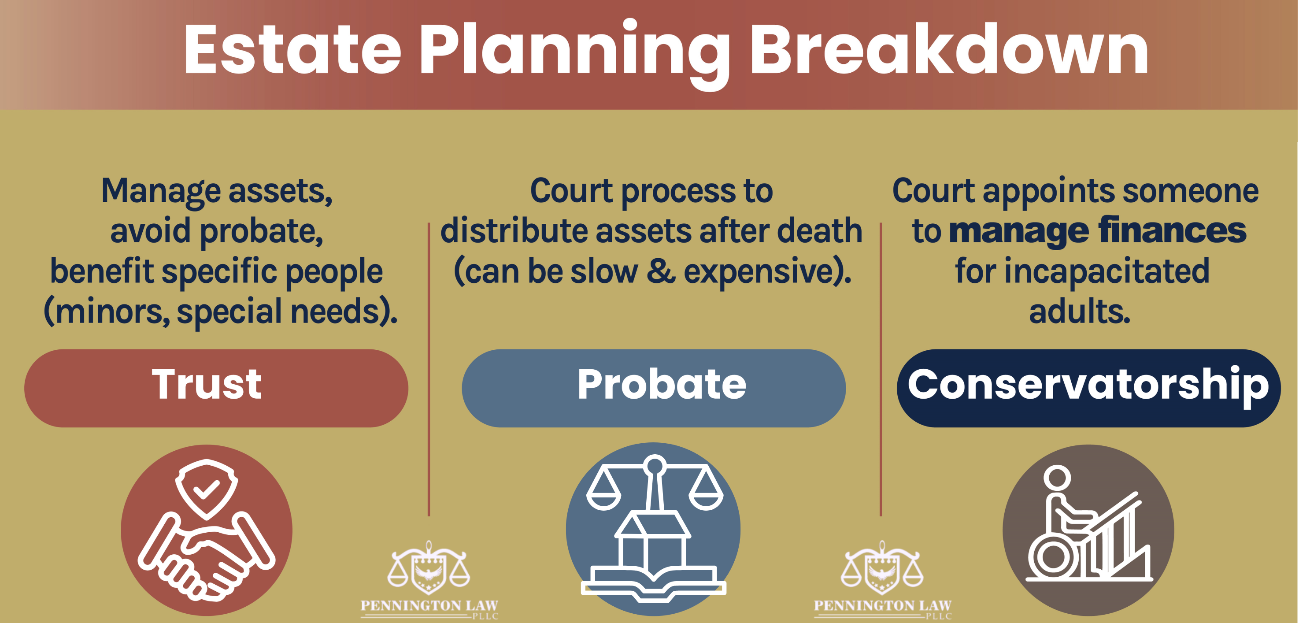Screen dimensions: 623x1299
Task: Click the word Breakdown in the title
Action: click(x=949, y=50)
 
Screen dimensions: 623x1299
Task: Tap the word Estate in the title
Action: click(x=292, y=50)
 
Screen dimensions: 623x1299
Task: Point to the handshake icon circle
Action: click(x=206, y=530)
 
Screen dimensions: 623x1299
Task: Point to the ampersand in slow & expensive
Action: click(x=661, y=271)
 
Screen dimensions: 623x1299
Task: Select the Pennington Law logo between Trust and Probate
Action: click(x=429, y=580)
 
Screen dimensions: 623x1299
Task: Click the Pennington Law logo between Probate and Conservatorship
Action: click(x=882, y=580)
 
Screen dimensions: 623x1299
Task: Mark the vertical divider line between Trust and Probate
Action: click(x=429, y=368)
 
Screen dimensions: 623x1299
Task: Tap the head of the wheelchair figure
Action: click(x=1056, y=477)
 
